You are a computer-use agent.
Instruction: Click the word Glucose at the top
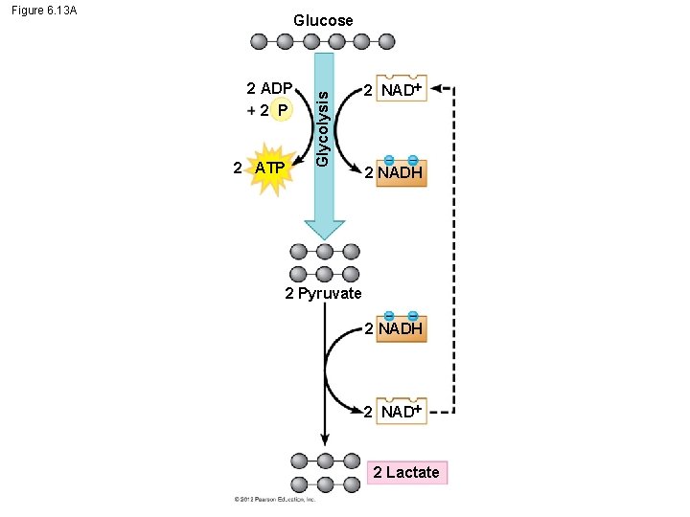[323, 20]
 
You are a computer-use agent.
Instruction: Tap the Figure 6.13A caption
[45, 11]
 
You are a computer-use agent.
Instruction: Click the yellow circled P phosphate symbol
[281, 111]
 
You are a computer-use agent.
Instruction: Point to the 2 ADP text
[269, 89]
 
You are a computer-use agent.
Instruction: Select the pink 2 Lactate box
[406, 472]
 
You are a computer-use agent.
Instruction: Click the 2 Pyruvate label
[323, 294]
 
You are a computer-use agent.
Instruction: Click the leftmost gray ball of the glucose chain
[259, 41]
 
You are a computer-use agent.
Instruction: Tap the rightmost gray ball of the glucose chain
[386, 41]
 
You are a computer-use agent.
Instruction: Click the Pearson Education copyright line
[275, 499]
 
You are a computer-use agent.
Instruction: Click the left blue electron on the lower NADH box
[389, 316]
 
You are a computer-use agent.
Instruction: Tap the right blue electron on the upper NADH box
[413, 160]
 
